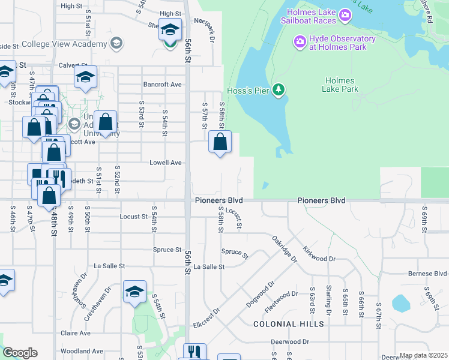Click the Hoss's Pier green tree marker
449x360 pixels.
pos(278,90)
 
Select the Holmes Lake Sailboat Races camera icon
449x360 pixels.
pos(345,14)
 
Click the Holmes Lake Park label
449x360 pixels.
pos(342,85)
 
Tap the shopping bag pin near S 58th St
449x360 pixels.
pos(220,143)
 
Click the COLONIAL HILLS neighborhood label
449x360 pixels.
pos(289,324)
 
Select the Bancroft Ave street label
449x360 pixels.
pos(162,85)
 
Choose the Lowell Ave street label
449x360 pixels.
pos(166,163)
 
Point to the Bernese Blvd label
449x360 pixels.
pos(427,274)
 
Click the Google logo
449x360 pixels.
pos(20,353)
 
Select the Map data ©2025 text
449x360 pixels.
pos(423,355)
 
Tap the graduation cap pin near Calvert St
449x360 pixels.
pos(86,77)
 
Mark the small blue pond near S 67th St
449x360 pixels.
pos(400,303)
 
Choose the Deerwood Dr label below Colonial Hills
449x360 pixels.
pos(289,341)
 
